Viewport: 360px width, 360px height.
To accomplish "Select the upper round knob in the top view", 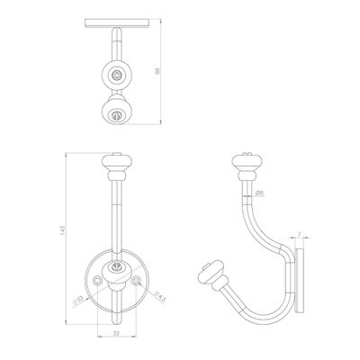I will pos(115,75).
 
